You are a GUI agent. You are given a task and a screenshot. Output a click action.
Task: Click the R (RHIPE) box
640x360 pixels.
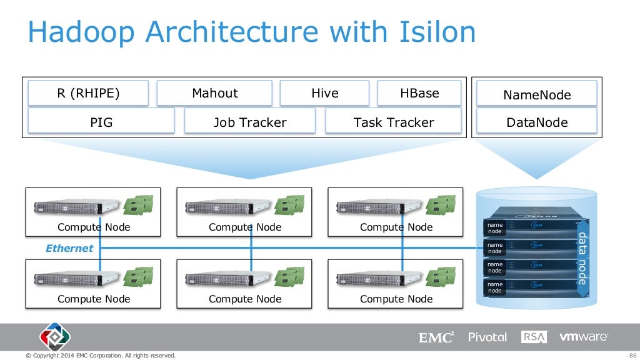point(87,94)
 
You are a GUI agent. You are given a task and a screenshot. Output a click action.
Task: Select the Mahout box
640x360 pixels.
point(214,94)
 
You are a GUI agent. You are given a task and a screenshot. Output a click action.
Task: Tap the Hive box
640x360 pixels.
point(324,94)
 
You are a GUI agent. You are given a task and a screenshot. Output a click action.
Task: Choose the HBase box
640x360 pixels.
point(419,94)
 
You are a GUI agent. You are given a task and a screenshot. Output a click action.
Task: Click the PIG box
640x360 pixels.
point(101,122)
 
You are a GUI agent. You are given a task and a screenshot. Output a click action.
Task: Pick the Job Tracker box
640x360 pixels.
point(250,122)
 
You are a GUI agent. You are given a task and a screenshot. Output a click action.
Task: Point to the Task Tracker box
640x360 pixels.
point(393,122)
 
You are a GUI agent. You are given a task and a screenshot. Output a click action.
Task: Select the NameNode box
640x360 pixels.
point(537,95)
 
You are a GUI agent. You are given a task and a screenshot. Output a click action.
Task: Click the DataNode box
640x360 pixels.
point(537,122)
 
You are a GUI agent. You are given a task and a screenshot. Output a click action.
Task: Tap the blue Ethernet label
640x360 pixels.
point(69,248)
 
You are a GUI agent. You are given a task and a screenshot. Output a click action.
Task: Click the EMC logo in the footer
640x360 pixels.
point(436,337)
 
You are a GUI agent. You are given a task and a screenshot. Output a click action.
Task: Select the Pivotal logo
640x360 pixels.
point(487,337)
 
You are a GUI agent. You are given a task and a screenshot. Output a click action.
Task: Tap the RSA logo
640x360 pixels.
point(534,337)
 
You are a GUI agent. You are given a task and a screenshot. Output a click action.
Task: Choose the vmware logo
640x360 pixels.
point(584,337)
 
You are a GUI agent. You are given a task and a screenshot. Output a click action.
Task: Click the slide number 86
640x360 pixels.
point(632,356)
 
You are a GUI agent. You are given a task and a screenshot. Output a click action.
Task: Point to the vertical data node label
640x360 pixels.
point(582,258)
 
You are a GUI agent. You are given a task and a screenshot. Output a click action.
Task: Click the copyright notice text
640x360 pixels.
point(100,356)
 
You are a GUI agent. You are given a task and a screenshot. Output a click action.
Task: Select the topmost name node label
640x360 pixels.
point(495,228)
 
